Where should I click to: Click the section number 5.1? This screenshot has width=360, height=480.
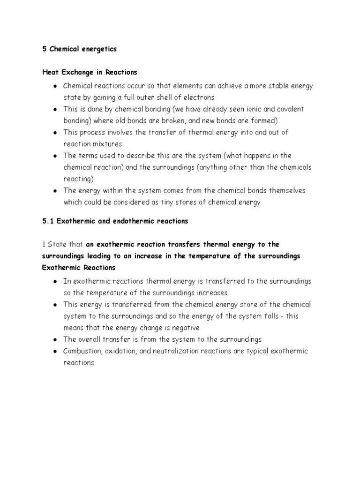coord(48,221)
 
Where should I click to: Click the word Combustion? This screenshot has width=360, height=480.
coord(82,351)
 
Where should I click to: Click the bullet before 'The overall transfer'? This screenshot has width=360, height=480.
coord(55,340)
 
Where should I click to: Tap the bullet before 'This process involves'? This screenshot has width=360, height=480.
coord(55,133)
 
